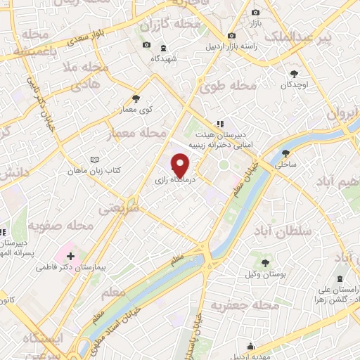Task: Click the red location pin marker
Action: (180, 166)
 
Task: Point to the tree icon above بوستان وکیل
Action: (265, 262)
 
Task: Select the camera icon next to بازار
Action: (255, 13)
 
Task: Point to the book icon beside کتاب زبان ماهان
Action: (95, 160)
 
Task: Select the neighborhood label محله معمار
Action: (137, 133)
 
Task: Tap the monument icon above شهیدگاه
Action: (163, 48)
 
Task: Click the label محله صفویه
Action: (60, 226)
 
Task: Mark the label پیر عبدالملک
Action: (322, 37)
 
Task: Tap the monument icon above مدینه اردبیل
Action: (251, 345)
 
